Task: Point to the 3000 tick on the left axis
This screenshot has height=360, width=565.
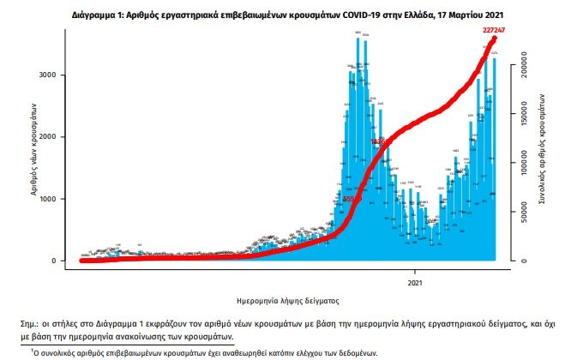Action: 50,75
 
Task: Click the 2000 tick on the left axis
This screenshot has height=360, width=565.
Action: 50,137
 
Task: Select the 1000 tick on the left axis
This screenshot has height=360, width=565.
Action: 50,199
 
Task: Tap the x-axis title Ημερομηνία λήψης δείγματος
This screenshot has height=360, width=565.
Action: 287,301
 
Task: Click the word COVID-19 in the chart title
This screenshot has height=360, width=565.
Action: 340,15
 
